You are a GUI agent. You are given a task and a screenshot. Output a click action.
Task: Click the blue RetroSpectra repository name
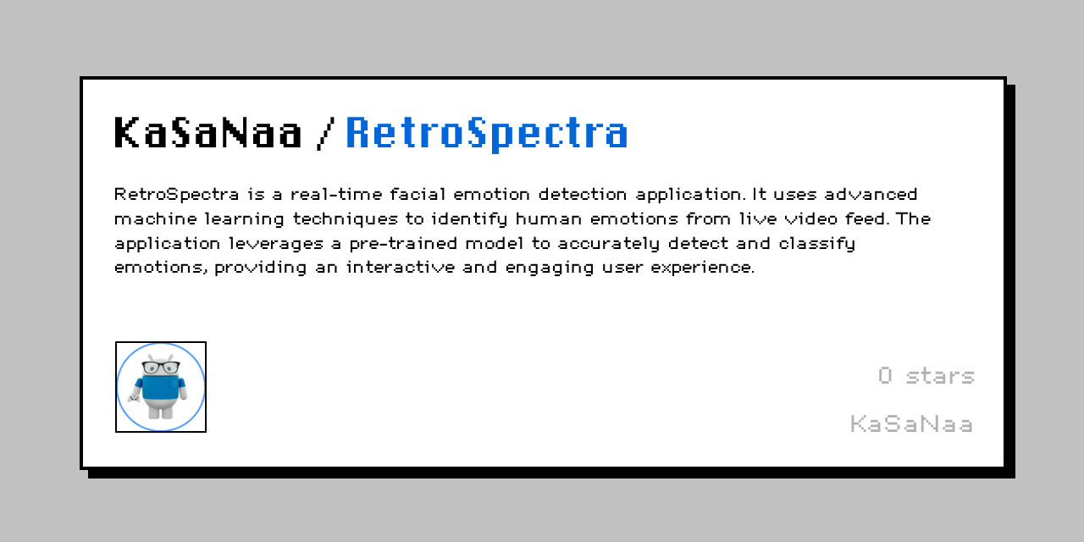pos(487,134)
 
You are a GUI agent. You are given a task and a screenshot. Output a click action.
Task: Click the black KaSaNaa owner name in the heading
pos(208,132)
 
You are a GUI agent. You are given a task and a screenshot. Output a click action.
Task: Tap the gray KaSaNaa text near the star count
pos(911,424)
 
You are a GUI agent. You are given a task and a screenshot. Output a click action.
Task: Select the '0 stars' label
pos(926,376)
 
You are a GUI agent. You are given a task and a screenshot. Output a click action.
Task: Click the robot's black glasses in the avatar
pos(161,368)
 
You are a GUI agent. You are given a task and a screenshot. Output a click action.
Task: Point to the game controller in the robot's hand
pos(134,398)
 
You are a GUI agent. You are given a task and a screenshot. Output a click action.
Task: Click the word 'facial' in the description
pos(418,194)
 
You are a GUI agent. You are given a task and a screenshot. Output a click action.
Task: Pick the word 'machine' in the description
pos(156,218)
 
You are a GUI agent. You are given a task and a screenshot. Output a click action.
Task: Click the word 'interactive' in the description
pos(401,267)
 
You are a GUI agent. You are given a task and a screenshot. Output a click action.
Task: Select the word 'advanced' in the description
pos(871,194)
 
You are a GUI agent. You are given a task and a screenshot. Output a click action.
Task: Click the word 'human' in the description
pos(548,218)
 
